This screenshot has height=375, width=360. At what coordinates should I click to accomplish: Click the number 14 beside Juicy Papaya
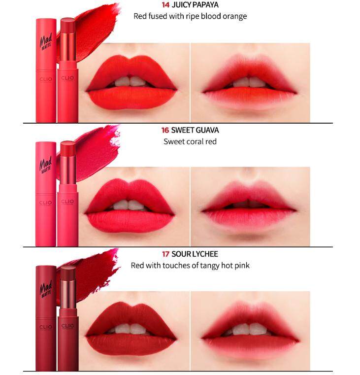(165, 5)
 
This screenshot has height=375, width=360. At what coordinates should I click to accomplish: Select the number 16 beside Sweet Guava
(165, 130)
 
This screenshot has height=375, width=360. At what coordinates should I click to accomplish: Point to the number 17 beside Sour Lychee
(165, 254)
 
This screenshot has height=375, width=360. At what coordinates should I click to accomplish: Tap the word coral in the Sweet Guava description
(194, 141)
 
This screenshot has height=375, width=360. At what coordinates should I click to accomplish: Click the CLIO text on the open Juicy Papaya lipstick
(67, 78)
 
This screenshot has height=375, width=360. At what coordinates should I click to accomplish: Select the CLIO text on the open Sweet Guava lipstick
(67, 202)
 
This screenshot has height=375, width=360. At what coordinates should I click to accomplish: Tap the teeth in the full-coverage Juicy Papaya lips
(131, 81)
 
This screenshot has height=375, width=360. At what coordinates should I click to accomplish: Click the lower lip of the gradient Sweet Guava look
(249, 219)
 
